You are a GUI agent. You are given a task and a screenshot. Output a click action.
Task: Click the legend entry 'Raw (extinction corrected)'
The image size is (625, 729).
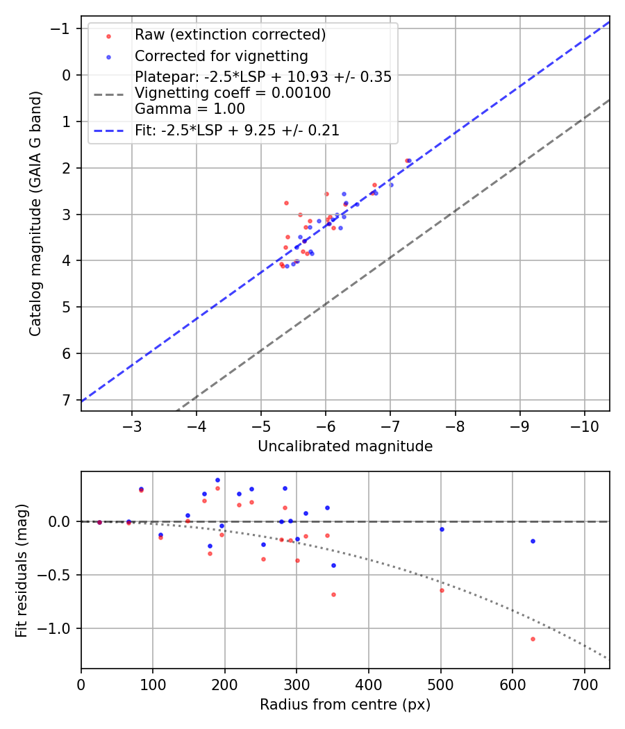[230, 34]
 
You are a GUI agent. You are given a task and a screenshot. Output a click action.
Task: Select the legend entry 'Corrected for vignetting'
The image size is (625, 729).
[221, 56]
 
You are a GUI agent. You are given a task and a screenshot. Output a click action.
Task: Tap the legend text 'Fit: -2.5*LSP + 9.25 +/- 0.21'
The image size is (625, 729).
[237, 130]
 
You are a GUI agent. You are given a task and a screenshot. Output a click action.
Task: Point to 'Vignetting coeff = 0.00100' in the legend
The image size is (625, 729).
[233, 92]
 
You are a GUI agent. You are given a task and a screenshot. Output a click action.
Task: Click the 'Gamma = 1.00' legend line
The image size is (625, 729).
[190, 108]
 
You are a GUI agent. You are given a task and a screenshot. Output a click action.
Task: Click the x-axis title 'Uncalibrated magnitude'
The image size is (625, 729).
[345, 446]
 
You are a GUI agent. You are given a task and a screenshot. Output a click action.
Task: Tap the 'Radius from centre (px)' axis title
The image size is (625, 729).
[345, 705]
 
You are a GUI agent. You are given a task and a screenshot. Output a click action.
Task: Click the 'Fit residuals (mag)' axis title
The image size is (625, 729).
[21, 570]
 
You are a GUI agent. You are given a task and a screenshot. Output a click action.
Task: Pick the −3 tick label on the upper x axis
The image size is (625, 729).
[132, 425]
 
